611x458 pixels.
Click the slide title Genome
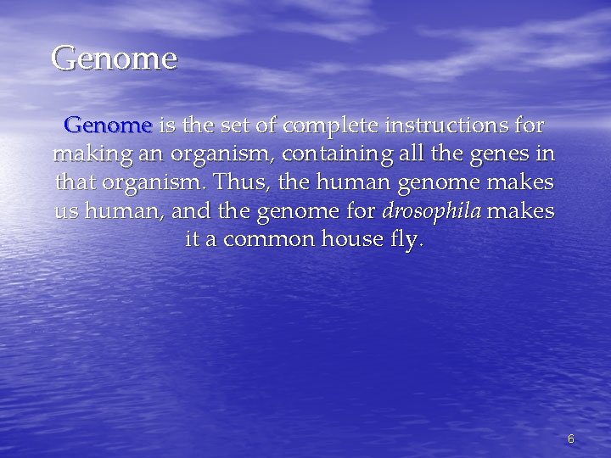(x=114, y=59)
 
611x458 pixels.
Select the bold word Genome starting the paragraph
(x=108, y=126)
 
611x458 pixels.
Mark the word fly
(x=403, y=240)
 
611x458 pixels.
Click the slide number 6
(x=570, y=438)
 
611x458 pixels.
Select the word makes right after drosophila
(x=520, y=210)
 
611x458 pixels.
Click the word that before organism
(x=76, y=182)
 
